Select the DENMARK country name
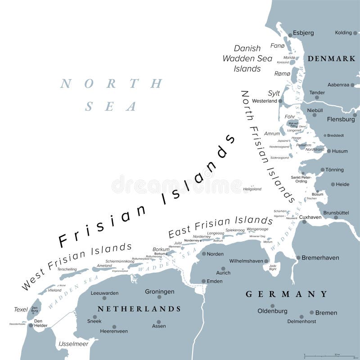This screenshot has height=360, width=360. [x=331, y=59]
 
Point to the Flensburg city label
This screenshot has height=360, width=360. [x=341, y=119]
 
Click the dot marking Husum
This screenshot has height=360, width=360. [x=329, y=151]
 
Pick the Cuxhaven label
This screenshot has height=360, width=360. [x=310, y=217]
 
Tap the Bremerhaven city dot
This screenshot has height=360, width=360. [x=298, y=258]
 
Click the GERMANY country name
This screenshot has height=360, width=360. [x=286, y=294]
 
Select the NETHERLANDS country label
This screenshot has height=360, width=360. [x=139, y=309]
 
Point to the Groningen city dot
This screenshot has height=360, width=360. [x=159, y=297]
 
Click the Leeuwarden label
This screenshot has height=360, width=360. [x=104, y=293]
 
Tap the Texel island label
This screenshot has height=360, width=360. [x=21, y=309]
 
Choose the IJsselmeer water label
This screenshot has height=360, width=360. [x=72, y=344]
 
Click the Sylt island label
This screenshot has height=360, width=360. [x=274, y=93]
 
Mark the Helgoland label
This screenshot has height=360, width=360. [x=252, y=189]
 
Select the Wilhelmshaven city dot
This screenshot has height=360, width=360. [x=266, y=261]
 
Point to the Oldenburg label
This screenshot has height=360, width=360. [x=272, y=311]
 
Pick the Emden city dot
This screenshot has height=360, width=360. [x=203, y=281]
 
